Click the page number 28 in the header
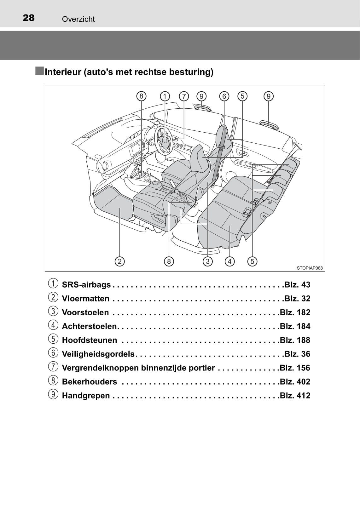[29, 18]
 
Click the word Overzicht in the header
[78, 19]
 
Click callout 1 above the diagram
[165, 96]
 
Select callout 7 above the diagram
[184, 96]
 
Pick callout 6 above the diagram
[224, 96]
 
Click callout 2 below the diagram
[119, 261]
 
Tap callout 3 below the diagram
[207, 261]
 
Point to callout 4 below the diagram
[230, 261]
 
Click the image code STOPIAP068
[310, 268]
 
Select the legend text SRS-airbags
[86, 285]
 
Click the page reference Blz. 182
[295, 312]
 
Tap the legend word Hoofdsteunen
[90, 340]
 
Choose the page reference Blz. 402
[295, 382]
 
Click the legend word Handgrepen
[86, 396]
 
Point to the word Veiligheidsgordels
[98, 354]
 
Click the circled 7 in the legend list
[53, 366]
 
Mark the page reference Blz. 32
[297, 299]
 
